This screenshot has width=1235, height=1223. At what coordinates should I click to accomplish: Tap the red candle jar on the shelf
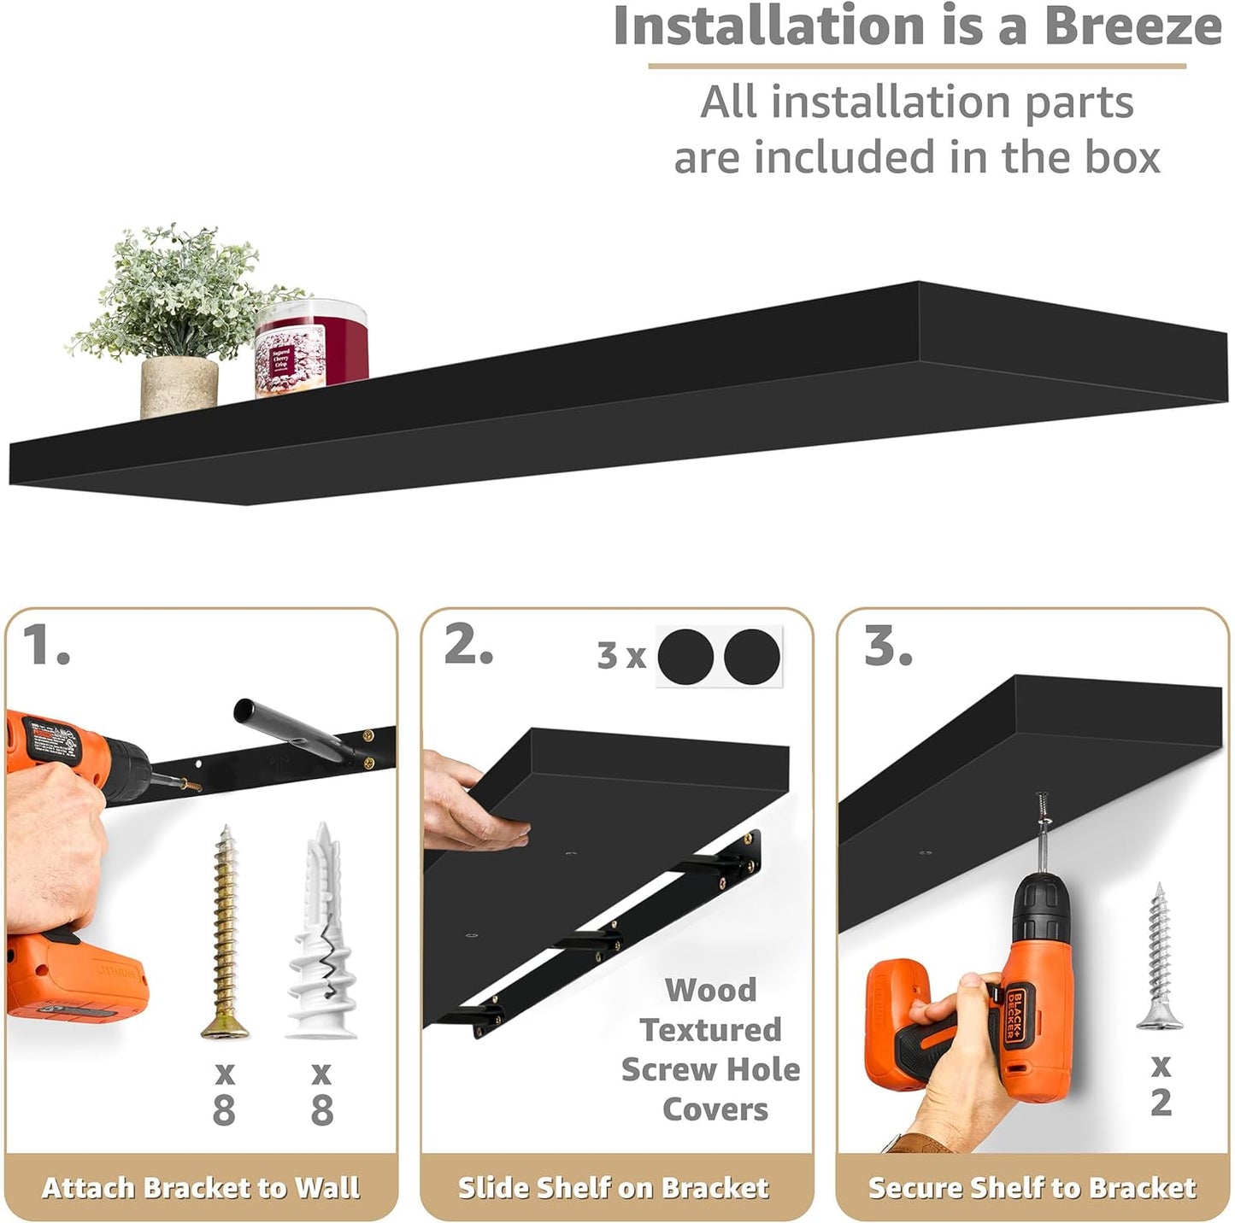pyautogui.click(x=311, y=348)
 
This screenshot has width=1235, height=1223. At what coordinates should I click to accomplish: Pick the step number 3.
pyautogui.click(x=887, y=647)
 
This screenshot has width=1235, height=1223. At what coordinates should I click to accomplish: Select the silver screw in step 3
pyautogui.click(x=1160, y=957)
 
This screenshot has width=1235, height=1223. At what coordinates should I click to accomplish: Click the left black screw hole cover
pyautogui.click(x=685, y=656)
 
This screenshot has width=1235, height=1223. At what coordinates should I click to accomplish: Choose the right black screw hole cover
pyautogui.click(x=752, y=656)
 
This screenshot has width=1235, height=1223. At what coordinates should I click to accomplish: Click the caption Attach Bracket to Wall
pyautogui.click(x=201, y=1187)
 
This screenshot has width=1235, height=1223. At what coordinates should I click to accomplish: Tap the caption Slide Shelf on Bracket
pyautogui.click(x=614, y=1187)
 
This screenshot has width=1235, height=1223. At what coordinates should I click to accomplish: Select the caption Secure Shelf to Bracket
pyautogui.click(x=1032, y=1187)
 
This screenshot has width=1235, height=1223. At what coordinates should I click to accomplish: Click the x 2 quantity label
pyautogui.click(x=1161, y=1085)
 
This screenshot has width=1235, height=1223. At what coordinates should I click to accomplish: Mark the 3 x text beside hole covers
pyautogui.click(x=621, y=656)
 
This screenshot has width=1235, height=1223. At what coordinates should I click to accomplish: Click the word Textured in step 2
pyautogui.click(x=710, y=1030)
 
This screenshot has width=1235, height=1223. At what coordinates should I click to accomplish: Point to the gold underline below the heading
pyautogui.click(x=917, y=66)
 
